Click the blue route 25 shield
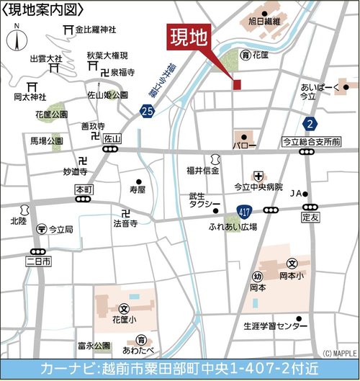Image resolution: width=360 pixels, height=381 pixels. point(148,111)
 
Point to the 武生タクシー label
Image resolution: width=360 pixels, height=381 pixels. point(204,200)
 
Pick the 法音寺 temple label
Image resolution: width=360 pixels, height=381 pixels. point(123,224)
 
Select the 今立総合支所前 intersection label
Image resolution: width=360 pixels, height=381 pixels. point(311,142)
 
